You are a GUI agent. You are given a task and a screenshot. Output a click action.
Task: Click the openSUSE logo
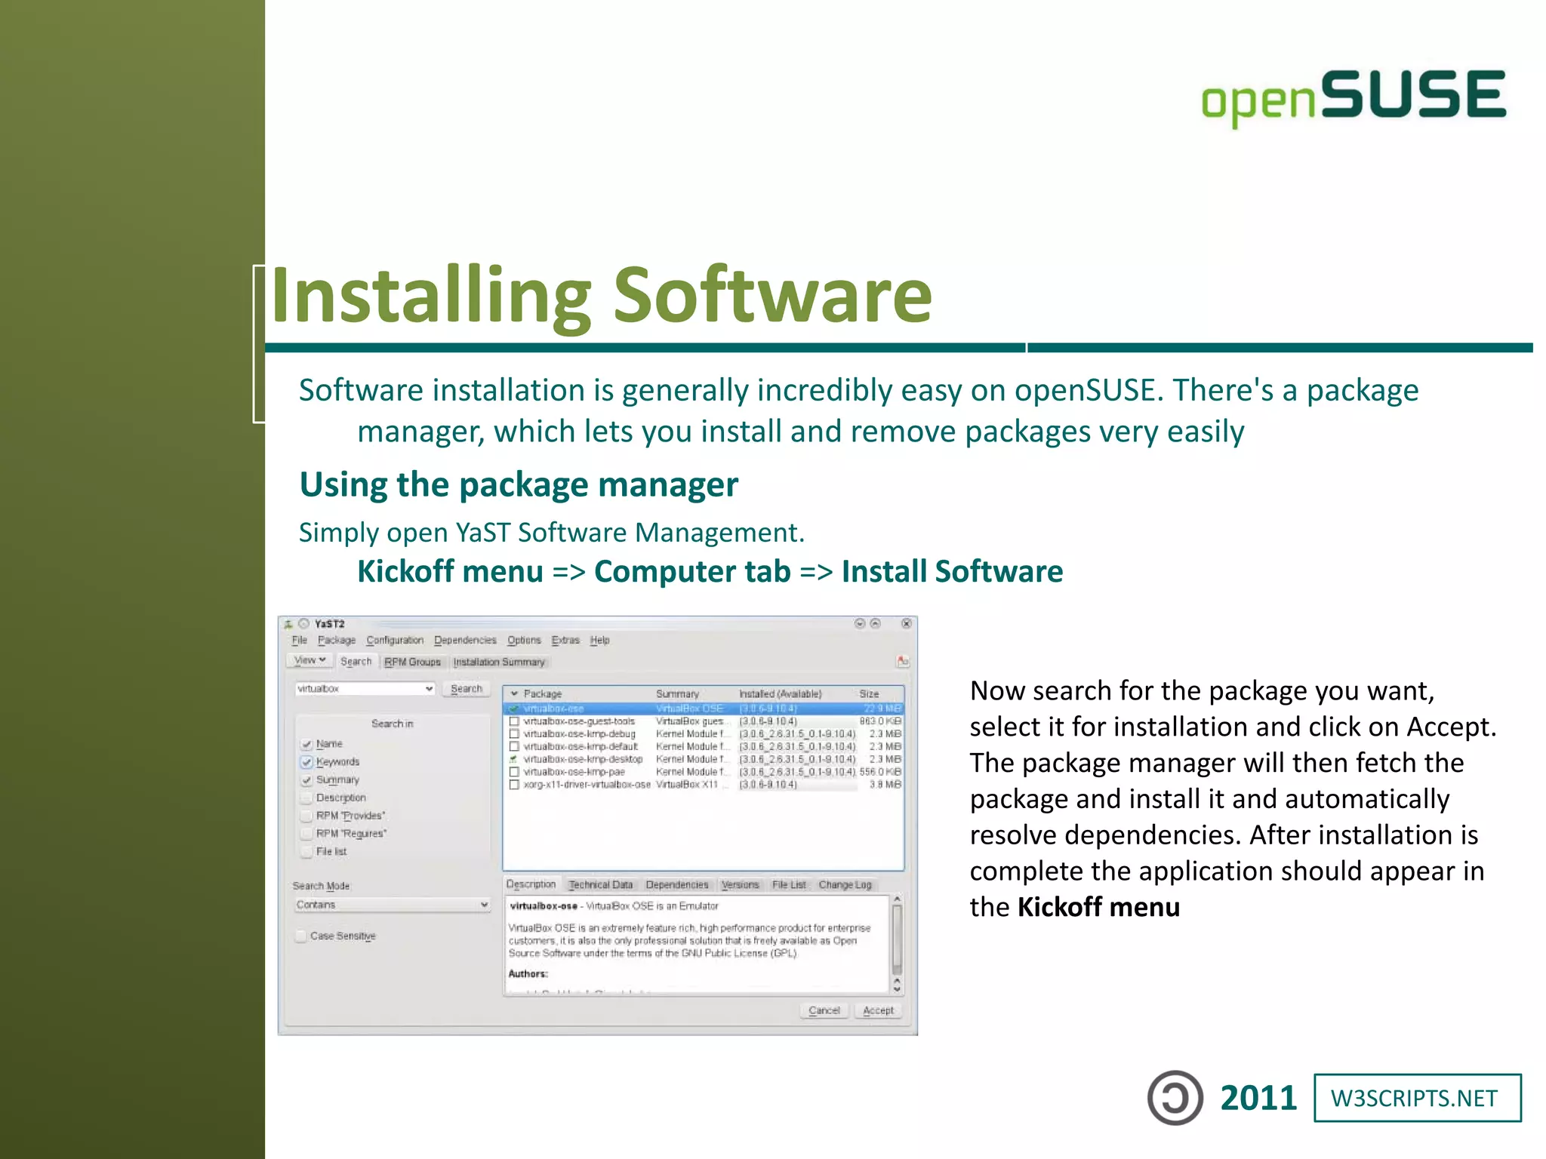(x=1354, y=97)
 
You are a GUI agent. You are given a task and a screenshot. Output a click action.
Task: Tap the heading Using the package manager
(x=519, y=484)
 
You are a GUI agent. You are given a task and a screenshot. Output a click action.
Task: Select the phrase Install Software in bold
(x=952, y=571)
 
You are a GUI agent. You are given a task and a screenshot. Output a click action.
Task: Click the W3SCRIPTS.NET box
(x=1417, y=1098)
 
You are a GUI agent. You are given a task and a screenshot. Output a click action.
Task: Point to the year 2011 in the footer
(x=1258, y=1098)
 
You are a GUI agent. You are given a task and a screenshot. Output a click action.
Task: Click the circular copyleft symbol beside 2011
(x=1175, y=1098)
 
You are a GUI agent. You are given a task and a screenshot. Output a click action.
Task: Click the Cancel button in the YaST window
(x=824, y=1010)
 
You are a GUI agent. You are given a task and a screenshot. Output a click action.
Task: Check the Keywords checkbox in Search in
(x=306, y=762)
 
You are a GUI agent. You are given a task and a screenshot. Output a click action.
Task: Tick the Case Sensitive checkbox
(x=302, y=936)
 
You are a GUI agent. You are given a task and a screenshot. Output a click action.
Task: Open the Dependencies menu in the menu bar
(x=465, y=640)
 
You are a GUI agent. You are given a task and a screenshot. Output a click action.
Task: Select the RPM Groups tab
(x=412, y=662)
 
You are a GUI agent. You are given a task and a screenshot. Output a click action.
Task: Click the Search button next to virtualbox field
(x=466, y=689)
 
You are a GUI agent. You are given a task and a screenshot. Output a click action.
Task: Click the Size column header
(x=869, y=693)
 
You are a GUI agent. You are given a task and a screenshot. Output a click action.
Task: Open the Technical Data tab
(x=600, y=884)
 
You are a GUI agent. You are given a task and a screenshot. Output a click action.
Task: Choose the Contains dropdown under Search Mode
(x=392, y=905)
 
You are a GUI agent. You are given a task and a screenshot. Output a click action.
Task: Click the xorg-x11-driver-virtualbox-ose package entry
(x=587, y=785)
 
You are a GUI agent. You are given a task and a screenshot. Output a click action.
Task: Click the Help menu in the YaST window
(x=599, y=640)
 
